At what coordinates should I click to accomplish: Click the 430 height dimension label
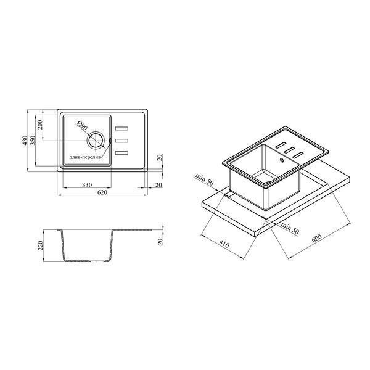[x=25, y=140]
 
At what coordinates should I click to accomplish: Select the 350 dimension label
[x=33, y=140]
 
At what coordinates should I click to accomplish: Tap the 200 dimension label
[x=40, y=125]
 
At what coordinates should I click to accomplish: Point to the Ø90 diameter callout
[x=83, y=126]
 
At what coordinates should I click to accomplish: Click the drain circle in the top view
[x=96, y=141]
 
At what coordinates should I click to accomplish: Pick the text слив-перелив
[x=85, y=157]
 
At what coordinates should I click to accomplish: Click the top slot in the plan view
[x=121, y=128]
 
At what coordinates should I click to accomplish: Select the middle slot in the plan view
[x=121, y=141]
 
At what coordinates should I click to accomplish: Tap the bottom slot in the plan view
[x=121, y=153]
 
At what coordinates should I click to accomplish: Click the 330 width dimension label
[x=87, y=185]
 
